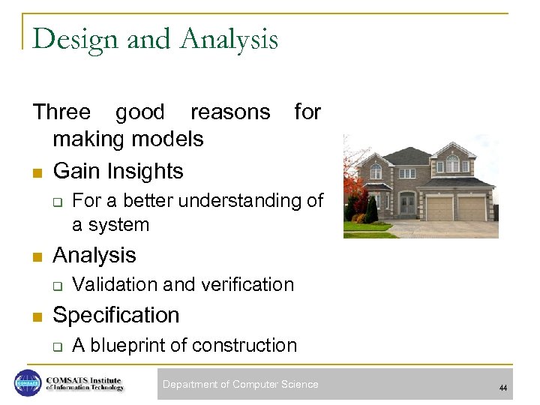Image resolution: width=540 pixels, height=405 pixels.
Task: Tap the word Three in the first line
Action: (61, 112)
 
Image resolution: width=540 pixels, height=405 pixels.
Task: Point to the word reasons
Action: (230, 112)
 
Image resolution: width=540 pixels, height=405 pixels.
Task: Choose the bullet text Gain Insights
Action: (118, 171)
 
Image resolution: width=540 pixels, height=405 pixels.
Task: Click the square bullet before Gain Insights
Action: (37, 172)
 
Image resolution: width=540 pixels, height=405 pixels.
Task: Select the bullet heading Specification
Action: (116, 315)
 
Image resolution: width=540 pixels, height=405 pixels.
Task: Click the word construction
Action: (244, 345)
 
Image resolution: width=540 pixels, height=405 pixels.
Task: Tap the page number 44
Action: (503, 388)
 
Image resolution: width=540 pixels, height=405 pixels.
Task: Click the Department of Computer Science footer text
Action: (240, 385)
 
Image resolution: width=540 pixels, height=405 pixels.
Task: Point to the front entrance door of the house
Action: (406, 204)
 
